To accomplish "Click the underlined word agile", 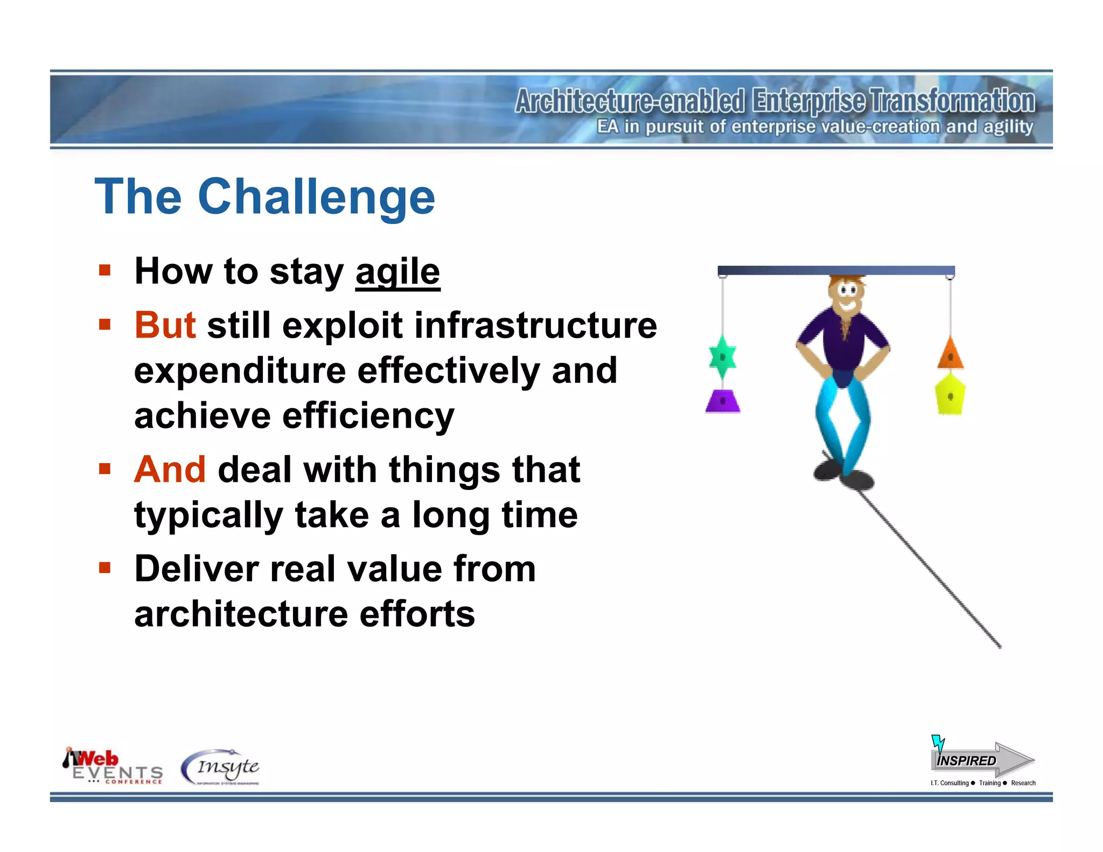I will [397, 272].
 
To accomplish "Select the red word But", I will [165, 325].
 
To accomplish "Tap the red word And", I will [170, 470].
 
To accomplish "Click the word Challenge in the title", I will [316, 197].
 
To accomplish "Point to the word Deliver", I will [196, 569].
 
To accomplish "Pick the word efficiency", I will [368, 416].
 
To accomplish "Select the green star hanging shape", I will [722, 357].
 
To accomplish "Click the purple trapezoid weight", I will [723, 401].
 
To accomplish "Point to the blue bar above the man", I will [836, 270].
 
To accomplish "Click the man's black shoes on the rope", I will [843, 474].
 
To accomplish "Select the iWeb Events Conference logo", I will [113, 767].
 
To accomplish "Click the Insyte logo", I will [221, 767].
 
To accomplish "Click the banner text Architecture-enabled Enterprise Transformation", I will [774, 101].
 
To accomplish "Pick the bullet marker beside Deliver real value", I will [104, 568].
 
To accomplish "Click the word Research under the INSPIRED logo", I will [1023, 783].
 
